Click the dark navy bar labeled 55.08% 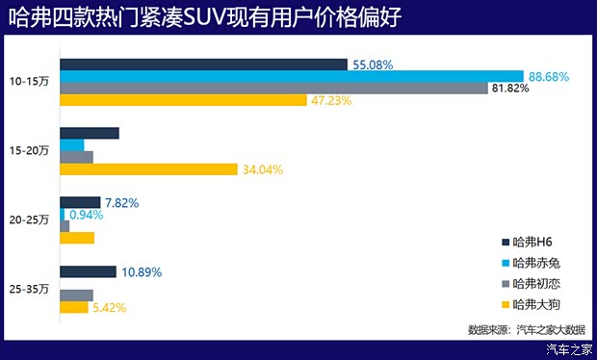[203, 64]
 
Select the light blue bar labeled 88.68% [291, 76]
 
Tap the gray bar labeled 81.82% [273, 88]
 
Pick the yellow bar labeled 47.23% [183, 99]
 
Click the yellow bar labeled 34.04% [148, 168]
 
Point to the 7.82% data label [122, 203]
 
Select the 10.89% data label [142, 272]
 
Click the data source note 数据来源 [526, 329]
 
